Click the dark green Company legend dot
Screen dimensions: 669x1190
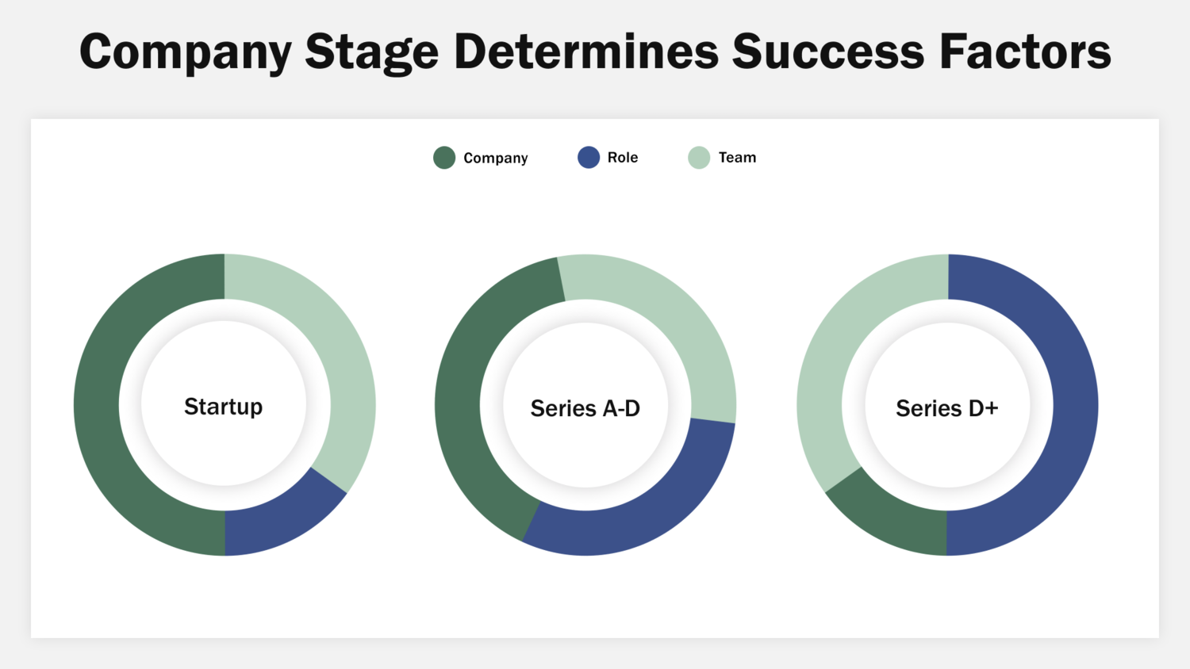444,158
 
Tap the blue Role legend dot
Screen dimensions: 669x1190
589,158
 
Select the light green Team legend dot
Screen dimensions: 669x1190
699,158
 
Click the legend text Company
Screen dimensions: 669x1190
495,159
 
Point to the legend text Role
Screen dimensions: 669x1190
623,158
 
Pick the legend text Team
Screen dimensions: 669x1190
737,158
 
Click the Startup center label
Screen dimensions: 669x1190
224,407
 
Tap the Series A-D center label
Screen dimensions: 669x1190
585,408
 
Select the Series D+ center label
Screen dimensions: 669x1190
947,408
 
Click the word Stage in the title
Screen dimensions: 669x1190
371,52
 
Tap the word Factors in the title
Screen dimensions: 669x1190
1025,52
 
